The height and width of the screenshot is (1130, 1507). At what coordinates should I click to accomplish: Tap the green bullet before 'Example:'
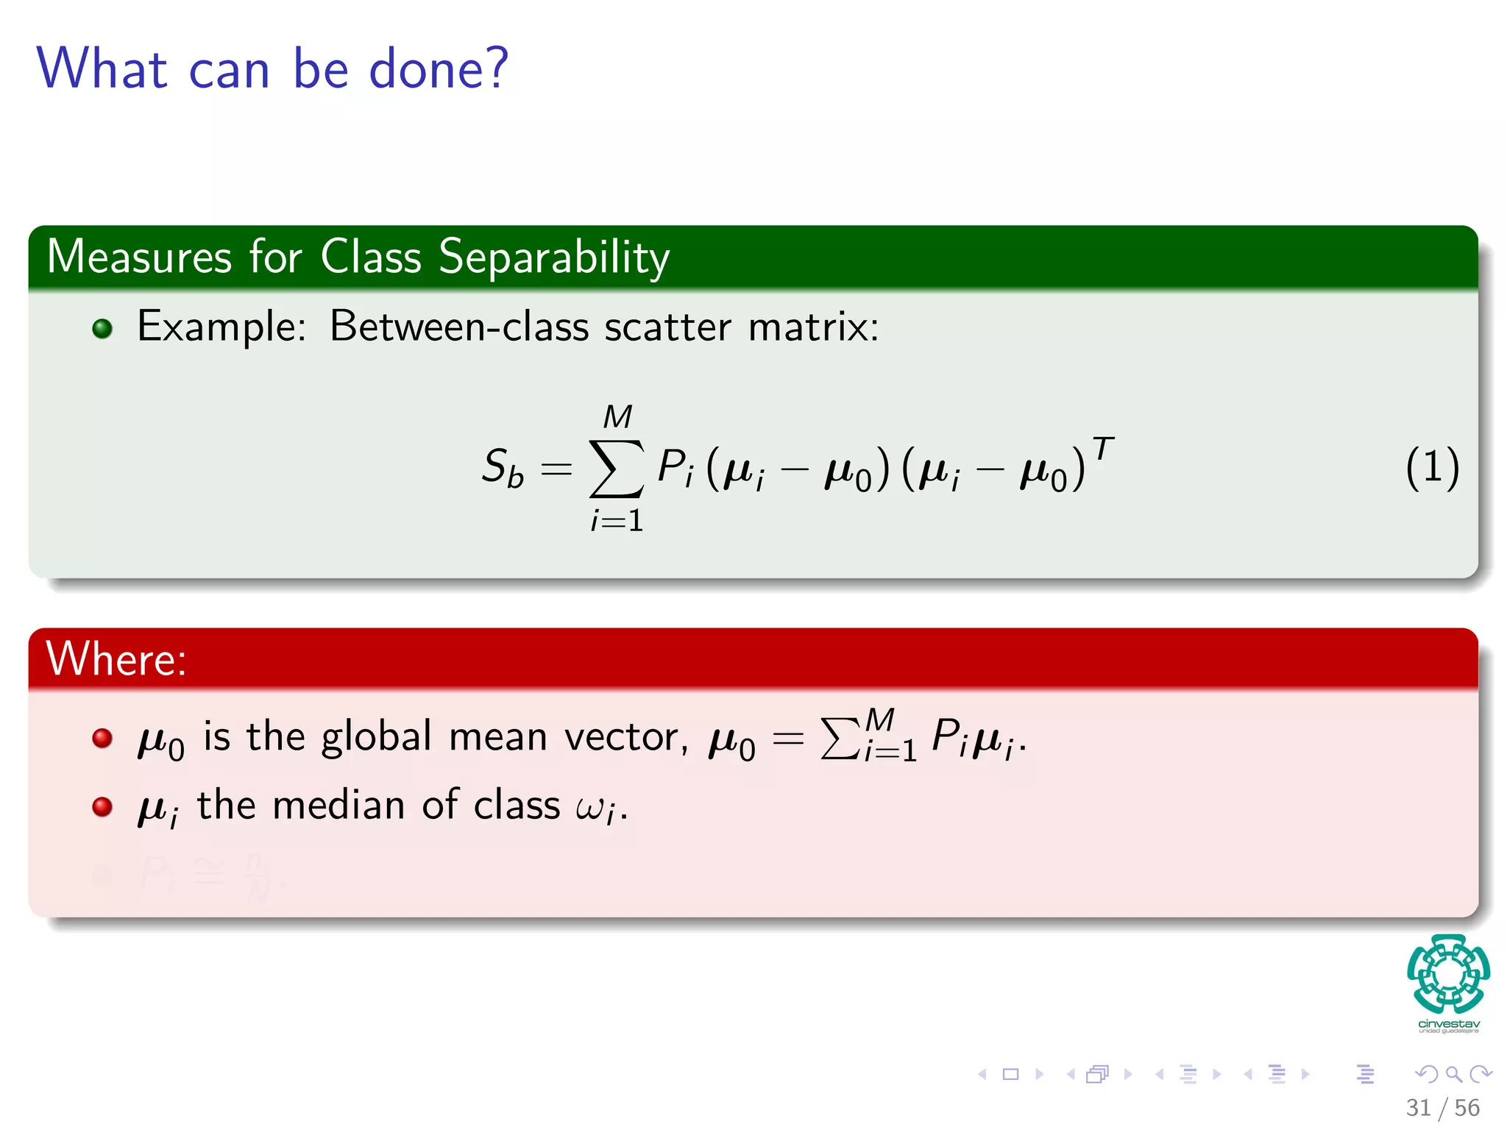(102, 328)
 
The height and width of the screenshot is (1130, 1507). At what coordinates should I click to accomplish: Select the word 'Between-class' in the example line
(458, 327)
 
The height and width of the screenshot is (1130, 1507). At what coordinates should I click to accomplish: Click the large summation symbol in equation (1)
(617, 469)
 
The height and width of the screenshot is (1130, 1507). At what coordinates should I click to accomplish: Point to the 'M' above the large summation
(617, 418)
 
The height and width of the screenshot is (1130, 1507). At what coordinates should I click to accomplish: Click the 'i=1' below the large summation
(617, 521)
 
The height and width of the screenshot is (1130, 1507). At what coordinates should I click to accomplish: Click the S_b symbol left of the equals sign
(503, 467)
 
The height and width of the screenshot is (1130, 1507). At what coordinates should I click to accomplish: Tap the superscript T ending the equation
(1102, 448)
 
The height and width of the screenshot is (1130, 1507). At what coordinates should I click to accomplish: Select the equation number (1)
(1432, 468)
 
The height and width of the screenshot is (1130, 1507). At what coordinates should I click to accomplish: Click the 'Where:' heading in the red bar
(116, 658)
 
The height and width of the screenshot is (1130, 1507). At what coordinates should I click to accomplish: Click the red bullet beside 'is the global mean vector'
(102, 738)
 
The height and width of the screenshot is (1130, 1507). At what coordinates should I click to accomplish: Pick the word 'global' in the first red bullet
(376, 736)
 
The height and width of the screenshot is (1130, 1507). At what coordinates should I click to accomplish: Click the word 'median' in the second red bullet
(338, 805)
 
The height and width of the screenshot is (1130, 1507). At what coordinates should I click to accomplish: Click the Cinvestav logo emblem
(1448, 975)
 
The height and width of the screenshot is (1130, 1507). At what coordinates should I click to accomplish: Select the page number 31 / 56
(1442, 1107)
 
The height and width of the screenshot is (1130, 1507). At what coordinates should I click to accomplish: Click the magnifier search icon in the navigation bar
(1453, 1074)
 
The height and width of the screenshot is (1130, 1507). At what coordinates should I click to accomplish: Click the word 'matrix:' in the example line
(813, 327)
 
